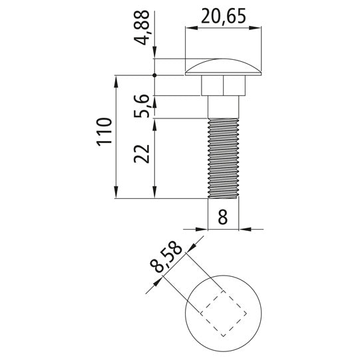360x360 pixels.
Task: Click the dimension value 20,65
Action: point(224,16)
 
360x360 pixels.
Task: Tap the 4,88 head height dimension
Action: point(142,27)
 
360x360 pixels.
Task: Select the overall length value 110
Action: point(104,132)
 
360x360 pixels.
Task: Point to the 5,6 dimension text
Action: point(142,106)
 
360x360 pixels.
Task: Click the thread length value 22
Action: point(142,154)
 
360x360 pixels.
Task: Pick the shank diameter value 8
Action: point(223,217)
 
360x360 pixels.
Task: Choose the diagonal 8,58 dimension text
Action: point(166,257)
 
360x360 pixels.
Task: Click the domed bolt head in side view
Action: point(223,67)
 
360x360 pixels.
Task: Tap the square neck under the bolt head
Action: point(223,85)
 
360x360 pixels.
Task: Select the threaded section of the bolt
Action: point(223,158)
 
